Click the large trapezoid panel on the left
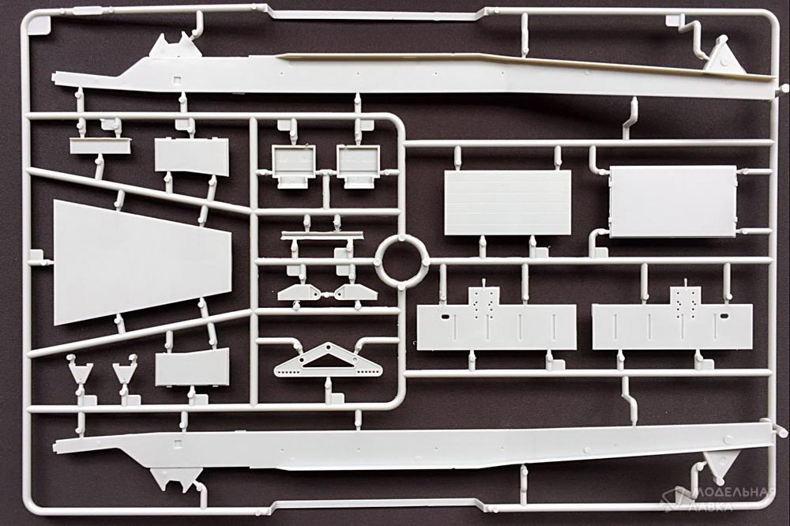click(x=141, y=261)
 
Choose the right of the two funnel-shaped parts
click(x=125, y=372)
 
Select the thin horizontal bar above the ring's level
click(x=322, y=235)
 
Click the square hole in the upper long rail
click(x=176, y=80)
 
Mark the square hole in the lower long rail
click(x=176, y=444)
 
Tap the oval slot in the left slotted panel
click(x=446, y=317)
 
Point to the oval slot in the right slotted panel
click(x=724, y=317)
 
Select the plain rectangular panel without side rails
click(x=508, y=202)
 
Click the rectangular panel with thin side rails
click(x=674, y=201)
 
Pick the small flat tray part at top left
click(x=100, y=145)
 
